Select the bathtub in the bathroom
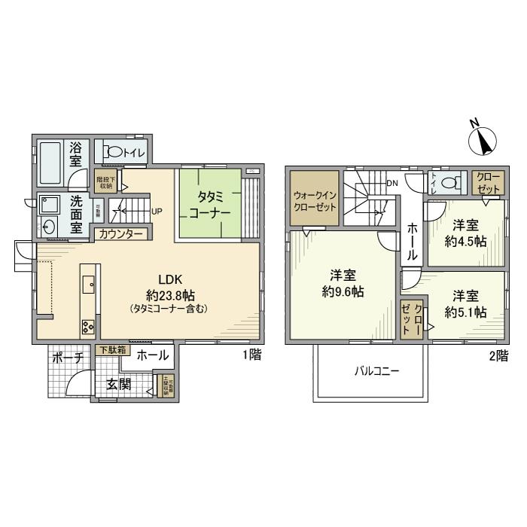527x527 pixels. tap(50, 163)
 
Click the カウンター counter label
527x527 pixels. tap(121, 234)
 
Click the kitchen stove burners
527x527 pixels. tap(87, 325)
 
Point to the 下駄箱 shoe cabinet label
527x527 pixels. tap(112, 350)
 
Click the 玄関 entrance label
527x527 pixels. tap(117, 384)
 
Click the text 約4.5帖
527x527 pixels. tap(465, 241)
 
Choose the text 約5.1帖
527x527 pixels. tap(465, 312)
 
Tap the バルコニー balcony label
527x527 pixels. tap(376, 371)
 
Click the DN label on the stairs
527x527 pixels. tap(391, 183)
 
